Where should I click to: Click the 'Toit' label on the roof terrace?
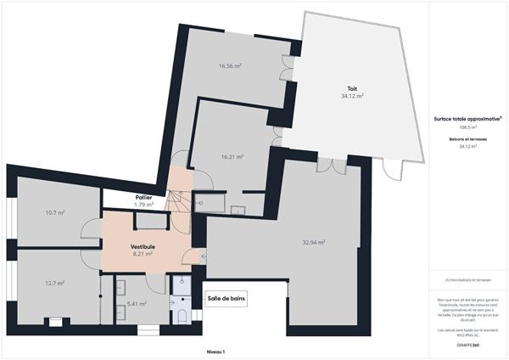coord(351,88)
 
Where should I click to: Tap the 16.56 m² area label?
coord(231,65)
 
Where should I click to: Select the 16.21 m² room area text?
coord(232,157)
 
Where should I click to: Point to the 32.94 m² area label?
coord(314,242)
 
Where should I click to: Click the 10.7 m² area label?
coord(55,213)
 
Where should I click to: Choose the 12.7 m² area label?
coord(55,284)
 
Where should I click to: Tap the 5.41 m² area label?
coord(137,303)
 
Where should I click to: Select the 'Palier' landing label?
coord(143,198)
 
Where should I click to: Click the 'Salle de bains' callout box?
coord(227,299)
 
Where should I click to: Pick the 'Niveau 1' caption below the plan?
coord(215,352)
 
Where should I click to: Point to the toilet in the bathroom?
coord(183,317)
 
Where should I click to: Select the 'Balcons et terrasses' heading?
coord(467,138)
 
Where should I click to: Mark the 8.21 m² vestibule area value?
coord(143,253)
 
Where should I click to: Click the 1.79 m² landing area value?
coord(143,205)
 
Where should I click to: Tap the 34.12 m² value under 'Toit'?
coord(351,96)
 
